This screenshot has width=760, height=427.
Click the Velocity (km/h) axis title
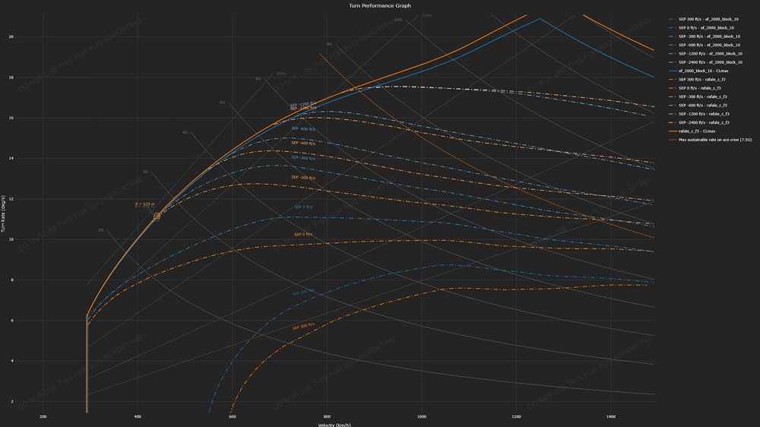334,425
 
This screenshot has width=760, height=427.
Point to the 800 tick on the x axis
327,416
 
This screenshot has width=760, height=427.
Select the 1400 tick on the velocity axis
611,416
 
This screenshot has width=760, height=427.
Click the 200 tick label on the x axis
43,416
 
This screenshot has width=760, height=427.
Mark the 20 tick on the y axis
11,36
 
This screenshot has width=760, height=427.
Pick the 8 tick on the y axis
11,280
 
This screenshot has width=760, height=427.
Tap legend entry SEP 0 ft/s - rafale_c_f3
702,88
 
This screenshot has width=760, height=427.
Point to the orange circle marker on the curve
157,217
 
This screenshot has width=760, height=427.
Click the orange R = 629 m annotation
144,204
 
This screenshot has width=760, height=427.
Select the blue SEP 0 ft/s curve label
303,207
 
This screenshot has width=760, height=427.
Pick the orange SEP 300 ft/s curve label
303,327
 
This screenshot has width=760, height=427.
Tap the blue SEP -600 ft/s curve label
304,128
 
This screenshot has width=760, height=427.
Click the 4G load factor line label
184,133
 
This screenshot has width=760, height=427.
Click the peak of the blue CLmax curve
540,18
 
